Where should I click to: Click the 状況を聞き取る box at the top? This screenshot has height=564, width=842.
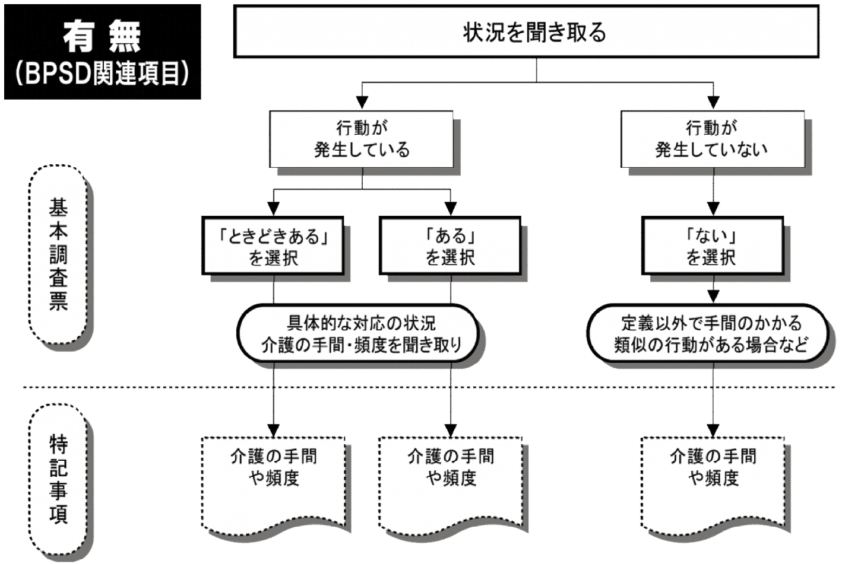(x=534, y=31)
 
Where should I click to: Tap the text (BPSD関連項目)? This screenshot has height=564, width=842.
(x=102, y=74)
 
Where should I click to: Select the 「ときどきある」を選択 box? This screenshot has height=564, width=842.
(x=273, y=246)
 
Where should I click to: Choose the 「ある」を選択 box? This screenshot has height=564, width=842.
(x=450, y=246)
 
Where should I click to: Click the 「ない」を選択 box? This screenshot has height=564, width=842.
(x=712, y=246)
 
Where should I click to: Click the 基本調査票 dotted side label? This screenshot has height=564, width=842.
(x=58, y=255)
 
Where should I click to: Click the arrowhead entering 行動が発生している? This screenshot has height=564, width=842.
(x=362, y=104)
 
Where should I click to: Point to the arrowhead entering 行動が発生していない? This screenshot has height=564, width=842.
(x=713, y=104)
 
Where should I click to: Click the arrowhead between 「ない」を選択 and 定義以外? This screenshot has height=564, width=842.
(x=713, y=296)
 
